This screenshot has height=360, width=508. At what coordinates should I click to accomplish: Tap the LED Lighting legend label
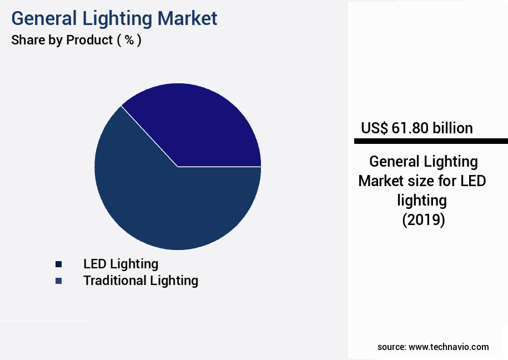(x=120, y=264)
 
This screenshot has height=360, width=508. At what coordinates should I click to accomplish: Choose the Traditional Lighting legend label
(x=140, y=281)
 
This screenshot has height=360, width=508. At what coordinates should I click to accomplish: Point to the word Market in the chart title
(x=187, y=18)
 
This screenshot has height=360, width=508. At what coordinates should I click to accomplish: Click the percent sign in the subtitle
(x=129, y=40)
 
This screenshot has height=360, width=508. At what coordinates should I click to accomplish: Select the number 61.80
(x=410, y=128)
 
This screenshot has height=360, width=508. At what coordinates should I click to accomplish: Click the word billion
(x=452, y=128)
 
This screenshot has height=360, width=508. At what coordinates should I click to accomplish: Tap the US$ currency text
(x=375, y=128)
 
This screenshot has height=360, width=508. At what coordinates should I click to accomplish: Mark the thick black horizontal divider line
(x=431, y=141)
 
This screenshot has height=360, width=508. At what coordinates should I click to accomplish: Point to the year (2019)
(x=424, y=219)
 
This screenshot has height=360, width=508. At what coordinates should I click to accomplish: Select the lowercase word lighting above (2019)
(x=423, y=200)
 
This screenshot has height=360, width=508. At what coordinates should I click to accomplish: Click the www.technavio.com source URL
(x=449, y=347)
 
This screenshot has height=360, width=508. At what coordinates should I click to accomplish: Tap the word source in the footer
(x=391, y=347)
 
